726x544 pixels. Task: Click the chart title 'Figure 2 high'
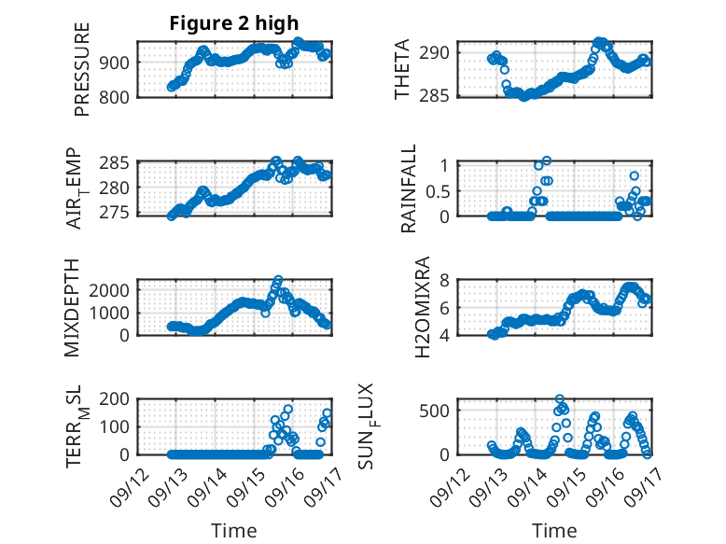click(x=233, y=23)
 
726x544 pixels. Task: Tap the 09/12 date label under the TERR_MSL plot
click(x=127, y=483)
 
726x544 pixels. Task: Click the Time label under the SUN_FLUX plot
click(x=554, y=531)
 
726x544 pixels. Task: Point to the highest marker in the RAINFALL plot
click(x=546, y=160)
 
